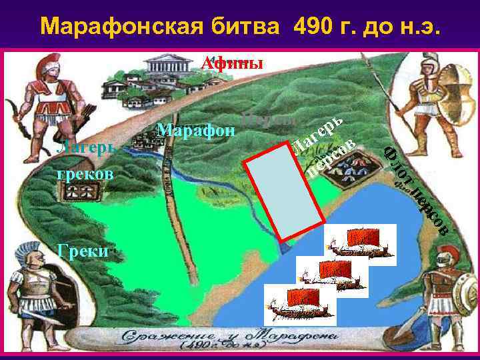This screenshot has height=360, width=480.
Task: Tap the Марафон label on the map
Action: coord(195,129)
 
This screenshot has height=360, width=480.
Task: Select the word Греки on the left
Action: coord(83,251)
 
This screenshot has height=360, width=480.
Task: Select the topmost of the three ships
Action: coord(359,244)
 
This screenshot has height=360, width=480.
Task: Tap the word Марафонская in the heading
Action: coord(114,26)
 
